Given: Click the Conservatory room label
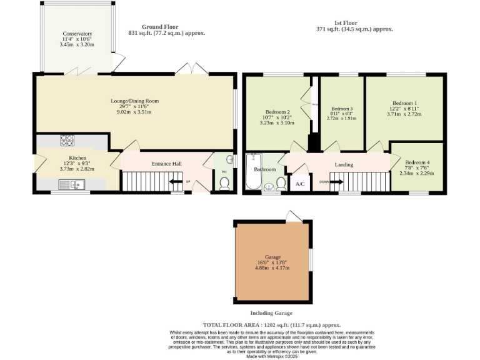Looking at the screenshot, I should pyautogui.click(x=77, y=34).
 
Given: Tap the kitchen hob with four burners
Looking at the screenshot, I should pyautogui.click(x=66, y=141).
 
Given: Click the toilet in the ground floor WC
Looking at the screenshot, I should pyautogui.click(x=224, y=182).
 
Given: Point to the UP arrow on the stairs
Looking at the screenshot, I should pyautogui.click(x=177, y=182).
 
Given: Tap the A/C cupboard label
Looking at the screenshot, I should pyautogui.click(x=300, y=184).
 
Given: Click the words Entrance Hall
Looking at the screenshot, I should pyautogui.click(x=166, y=164).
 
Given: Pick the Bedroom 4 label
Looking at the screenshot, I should pyautogui.click(x=417, y=162).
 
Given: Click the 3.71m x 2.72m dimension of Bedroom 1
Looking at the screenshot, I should pyautogui.click(x=404, y=114).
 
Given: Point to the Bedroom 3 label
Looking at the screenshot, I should pyautogui.click(x=342, y=107).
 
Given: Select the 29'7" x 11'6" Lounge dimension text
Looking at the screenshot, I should pyautogui.click(x=135, y=107).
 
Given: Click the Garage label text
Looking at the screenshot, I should pyautogui.click(x=272, y=257).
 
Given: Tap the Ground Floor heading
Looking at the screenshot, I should pyautogui.click(x=160, y=27).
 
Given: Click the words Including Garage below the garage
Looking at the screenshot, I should pyautogui.click(x=271, y=313).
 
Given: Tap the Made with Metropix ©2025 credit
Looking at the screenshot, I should pyautogui.click(x=271, y=356).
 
